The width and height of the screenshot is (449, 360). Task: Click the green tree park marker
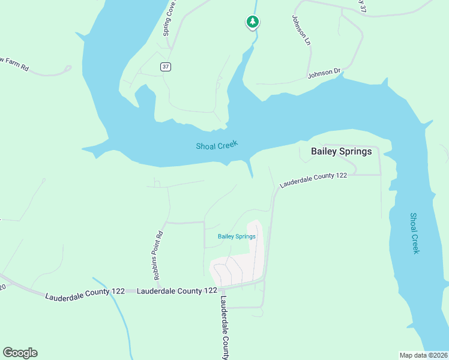click(253, 22)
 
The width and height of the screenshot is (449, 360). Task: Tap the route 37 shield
click(165, 67)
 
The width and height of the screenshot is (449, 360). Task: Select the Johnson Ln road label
click(302, 30)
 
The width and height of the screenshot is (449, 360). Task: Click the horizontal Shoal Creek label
click(217, 145)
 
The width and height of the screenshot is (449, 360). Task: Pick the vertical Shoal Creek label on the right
click(415, 233)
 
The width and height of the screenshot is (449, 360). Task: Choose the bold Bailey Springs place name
click(341, 152)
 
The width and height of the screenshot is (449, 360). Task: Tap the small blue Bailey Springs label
click(237, 236)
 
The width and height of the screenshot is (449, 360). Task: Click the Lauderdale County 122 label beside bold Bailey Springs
click(314, 178)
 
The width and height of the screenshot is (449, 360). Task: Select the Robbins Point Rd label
click(158, 256)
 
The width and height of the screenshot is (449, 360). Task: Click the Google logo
click(20, 353)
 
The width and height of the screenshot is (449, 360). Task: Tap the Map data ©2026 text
click(423, 355)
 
